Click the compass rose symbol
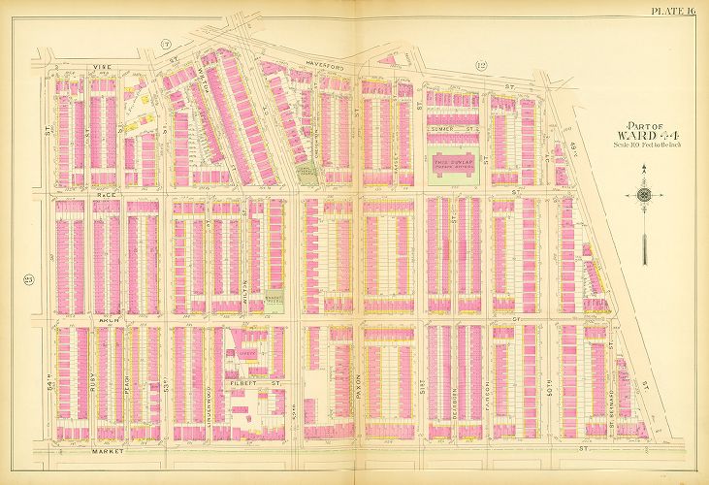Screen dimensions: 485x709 pos(644,196)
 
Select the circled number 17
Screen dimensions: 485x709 pos(166,69)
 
